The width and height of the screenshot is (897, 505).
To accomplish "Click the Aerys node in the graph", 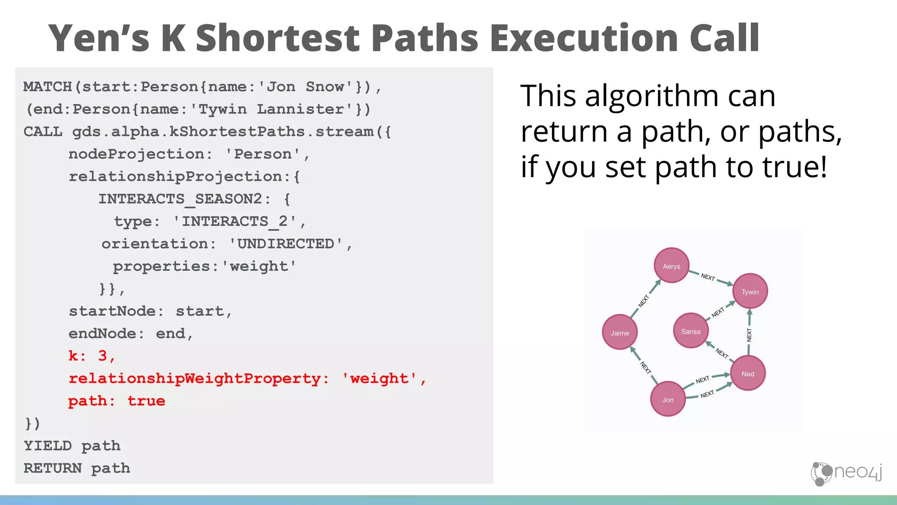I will [x=671, y=266].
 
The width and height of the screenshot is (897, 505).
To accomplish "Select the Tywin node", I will [x=750, y=292].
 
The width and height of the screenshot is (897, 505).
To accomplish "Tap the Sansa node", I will [x=691, y=331].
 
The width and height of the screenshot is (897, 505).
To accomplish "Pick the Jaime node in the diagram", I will [x=620, y=332].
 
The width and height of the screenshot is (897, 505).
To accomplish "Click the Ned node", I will [x=748, y=373].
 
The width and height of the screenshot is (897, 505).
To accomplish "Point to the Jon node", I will [x=667, y=399].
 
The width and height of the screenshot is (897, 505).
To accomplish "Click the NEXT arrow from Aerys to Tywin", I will [x=710, y=277].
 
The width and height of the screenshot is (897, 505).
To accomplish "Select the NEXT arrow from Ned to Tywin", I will [x=749, y=334].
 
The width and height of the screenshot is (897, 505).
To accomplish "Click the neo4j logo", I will [x=846, y=473].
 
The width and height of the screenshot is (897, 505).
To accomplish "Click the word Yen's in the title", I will [x=99, y=39].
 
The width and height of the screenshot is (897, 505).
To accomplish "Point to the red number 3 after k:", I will [x=102, y=356].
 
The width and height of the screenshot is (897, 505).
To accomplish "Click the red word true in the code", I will [x=146, y=401].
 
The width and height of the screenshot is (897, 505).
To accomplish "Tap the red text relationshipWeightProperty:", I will [x=199, y=378].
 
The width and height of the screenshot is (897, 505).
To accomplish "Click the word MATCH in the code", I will [x=47, y=87].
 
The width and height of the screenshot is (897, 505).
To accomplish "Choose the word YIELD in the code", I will [x=48, y=446].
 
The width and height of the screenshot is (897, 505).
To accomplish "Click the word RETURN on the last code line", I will [x=53, y=468].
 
